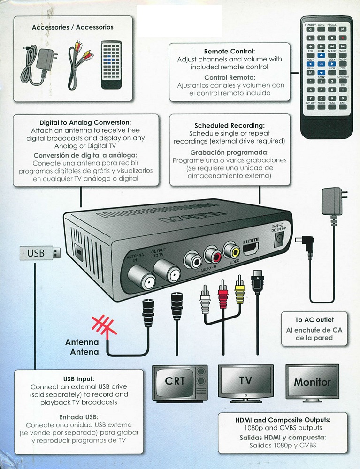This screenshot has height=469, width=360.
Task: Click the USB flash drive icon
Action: [40, 253]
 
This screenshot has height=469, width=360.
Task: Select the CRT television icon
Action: [181, 383]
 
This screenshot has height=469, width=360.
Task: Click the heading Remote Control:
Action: [230, 51]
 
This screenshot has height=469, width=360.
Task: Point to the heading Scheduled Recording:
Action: [230, 126]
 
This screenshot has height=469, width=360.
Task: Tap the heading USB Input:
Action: [79, 378]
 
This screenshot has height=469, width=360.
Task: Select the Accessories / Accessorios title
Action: [72, 27]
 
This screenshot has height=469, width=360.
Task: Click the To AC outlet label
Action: [314, 319]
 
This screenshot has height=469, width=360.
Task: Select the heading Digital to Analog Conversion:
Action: [85, 122]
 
